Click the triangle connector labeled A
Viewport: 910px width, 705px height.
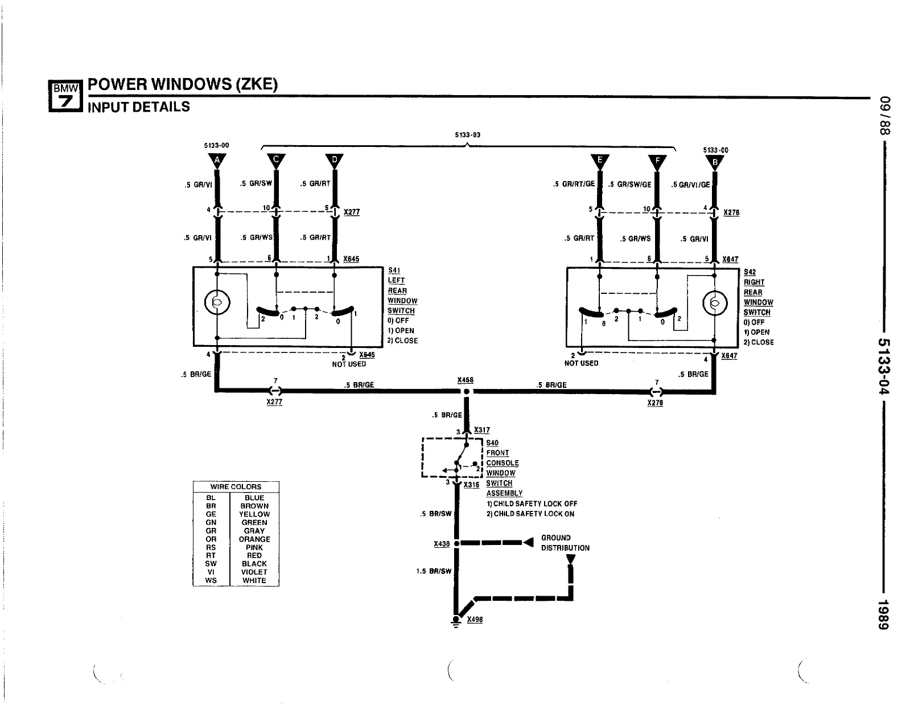pos(216,161)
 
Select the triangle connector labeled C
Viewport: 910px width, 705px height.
pos(276,161)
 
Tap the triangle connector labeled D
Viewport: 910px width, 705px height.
pos(334,161)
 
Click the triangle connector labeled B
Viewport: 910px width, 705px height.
pos(715,162)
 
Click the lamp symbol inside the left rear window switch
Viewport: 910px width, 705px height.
pos(217,303)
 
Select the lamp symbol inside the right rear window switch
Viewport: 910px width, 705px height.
pos(714,303)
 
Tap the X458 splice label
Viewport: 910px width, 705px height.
pos(465,380)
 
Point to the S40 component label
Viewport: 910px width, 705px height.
pos(492,443)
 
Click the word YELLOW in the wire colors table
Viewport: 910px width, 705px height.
pos(254,514)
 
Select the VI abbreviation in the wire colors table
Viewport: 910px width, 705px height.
pos(211,572)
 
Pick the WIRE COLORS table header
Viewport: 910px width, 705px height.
pos(236,487)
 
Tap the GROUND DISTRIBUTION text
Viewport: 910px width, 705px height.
pos(565,543)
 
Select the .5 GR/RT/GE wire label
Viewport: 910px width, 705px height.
pos(574,185)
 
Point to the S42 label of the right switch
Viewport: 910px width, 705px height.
pos(750,272)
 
